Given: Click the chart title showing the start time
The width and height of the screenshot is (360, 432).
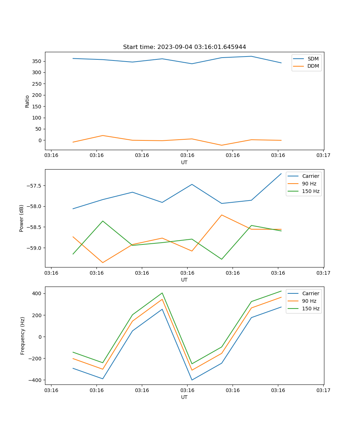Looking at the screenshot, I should pos(184,47).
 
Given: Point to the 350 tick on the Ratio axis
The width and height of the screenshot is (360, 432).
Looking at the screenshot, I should pos(37,61).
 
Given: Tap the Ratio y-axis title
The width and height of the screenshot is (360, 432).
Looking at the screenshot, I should pos(27,101).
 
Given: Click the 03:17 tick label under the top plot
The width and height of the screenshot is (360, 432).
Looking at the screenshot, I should pos(323,156).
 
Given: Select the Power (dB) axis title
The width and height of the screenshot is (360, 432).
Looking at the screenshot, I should pos(22,218).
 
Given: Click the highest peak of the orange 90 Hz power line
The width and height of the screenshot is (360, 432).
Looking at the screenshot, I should pos(222,215).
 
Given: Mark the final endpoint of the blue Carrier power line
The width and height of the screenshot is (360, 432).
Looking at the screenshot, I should pos(281,174).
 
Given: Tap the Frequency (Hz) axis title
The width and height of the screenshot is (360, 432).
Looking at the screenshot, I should pos(23,336).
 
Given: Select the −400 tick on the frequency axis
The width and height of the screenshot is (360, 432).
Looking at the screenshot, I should pos(35,380).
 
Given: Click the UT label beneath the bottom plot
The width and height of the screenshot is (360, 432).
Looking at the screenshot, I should pos(184,397).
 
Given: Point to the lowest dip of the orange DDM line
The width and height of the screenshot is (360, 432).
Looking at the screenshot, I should pos(222,145).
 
